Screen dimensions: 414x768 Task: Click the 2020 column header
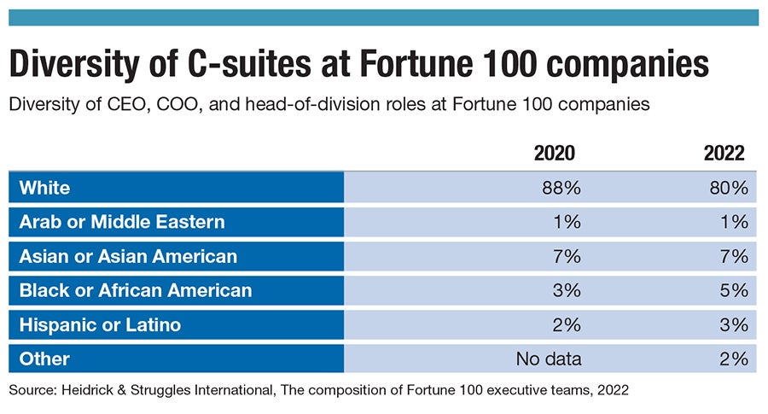coord(554,154)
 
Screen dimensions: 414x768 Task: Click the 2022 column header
coord(724,154)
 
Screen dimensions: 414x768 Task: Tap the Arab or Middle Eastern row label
coord(122,222)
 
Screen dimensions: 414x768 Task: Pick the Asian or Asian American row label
coord(128,256)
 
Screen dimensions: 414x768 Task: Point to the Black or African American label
coord(136,290)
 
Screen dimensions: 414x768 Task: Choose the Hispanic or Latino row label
coord(100,324)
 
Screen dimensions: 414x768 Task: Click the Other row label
coord(44,359)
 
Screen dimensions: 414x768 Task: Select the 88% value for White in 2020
coord(561,188)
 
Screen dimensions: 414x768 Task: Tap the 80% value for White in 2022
coord(728,188)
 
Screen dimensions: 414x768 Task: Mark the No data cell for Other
coord(549,359)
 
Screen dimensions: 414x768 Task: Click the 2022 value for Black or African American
coord(734,290)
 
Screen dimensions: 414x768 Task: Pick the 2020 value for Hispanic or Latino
coord(567,324)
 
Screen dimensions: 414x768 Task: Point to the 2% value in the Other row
coord(734,359)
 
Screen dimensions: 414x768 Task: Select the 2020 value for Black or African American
coord(567,290)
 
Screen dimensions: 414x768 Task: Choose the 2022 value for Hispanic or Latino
coord(734,324)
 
